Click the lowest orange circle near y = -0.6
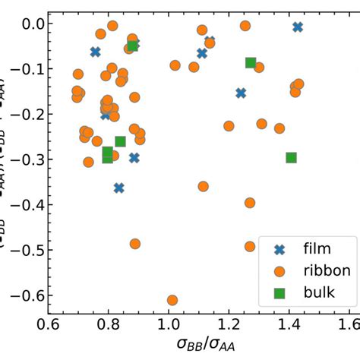[x=172, y=300]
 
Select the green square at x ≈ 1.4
[x=291, y=158]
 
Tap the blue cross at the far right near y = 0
[x=298, y=27]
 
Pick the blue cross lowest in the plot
[x=118, y=188]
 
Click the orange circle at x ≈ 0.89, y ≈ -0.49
[x=135, y=244]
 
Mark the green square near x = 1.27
[x=251, y=63]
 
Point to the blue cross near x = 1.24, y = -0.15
[x=241, y=93]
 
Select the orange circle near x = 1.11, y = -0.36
[x=203, y=186]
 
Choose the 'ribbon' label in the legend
[x=324, y=270]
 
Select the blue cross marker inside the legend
[x=278, y=247]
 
